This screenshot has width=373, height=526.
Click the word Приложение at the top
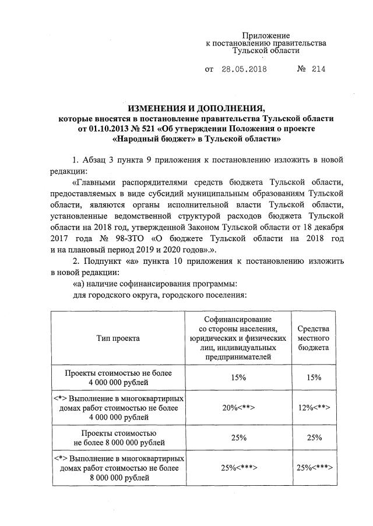(266, 36)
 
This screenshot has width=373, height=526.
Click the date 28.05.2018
(244, 69)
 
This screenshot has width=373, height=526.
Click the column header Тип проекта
(118, 338)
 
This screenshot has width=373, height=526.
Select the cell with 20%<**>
(238, 408)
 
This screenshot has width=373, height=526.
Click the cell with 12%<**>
(313, 408)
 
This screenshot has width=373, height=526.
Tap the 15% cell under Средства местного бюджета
(313, 377)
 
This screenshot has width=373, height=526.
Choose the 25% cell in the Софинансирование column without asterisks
(238, 438)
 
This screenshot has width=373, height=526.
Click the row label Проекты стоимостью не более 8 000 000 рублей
(118, 438)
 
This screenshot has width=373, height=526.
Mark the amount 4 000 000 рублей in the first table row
(118, 383)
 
